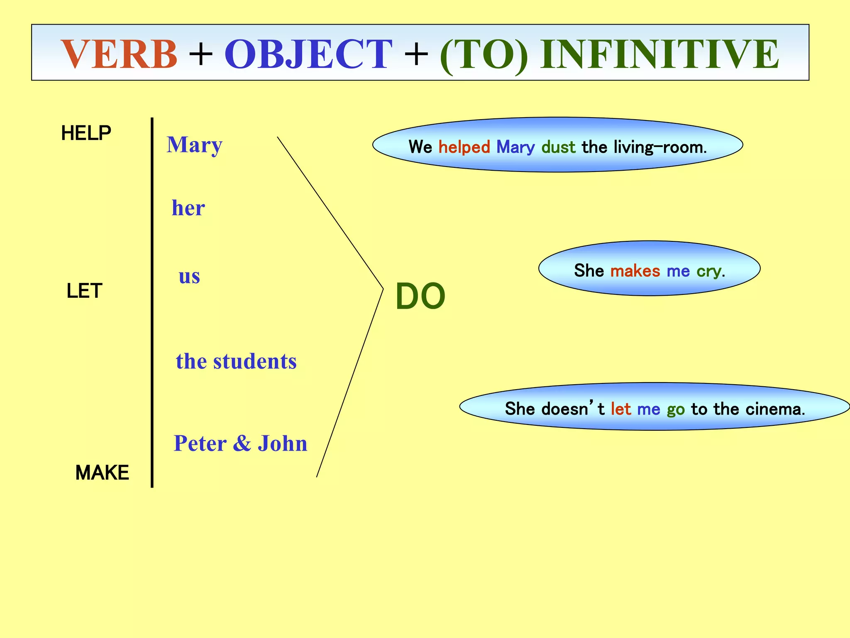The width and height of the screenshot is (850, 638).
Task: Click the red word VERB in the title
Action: click(120, 54)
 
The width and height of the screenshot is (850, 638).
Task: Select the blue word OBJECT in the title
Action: click(308, 54)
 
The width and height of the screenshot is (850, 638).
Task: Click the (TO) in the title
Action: click(484, 55)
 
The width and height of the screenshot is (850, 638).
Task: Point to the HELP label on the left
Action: click(86, 133)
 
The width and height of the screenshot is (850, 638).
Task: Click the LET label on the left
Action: click(84, 291)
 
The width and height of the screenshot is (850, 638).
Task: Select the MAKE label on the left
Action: click(102, 473)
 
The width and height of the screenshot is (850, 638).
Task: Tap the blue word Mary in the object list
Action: click(194, 145)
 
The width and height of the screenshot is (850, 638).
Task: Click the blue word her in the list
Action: click(188, 208)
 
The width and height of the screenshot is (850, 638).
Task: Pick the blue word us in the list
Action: click(189, 276)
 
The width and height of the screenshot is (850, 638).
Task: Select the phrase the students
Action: click(236, 361)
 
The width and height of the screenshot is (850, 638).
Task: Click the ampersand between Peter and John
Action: click(242, 443)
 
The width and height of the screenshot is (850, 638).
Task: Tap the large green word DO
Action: click(420, 297)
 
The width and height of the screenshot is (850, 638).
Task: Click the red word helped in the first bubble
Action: click(464, 147)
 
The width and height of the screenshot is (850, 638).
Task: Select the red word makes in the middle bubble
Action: click(635, 271)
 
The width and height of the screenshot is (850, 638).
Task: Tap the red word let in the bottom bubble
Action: click(620, 409)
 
